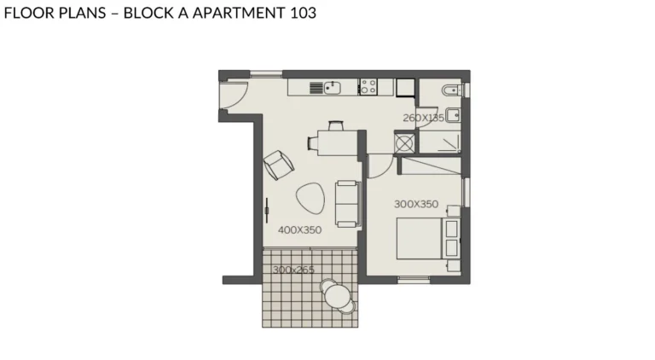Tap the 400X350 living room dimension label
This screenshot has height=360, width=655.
coord(299,229)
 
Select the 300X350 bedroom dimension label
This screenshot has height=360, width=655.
coord(416,204)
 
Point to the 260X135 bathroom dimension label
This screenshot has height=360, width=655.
coord(423,118)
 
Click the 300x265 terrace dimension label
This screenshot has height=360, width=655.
coord(293,270)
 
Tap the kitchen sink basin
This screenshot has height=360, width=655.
coord(332,88)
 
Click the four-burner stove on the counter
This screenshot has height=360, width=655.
coord(368,87)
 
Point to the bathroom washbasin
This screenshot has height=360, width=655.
coord(453,115)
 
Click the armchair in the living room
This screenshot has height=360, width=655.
coord(279,165)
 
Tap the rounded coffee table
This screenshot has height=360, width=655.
coord(310,199)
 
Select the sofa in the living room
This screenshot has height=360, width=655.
coord(348,204)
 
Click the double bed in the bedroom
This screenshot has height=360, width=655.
coord(428,239)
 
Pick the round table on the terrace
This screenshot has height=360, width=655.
coord(337,296)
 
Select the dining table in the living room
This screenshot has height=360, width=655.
coord(338,143)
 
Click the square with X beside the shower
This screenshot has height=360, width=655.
coord(404,143)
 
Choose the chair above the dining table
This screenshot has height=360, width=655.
coord(336,125)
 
